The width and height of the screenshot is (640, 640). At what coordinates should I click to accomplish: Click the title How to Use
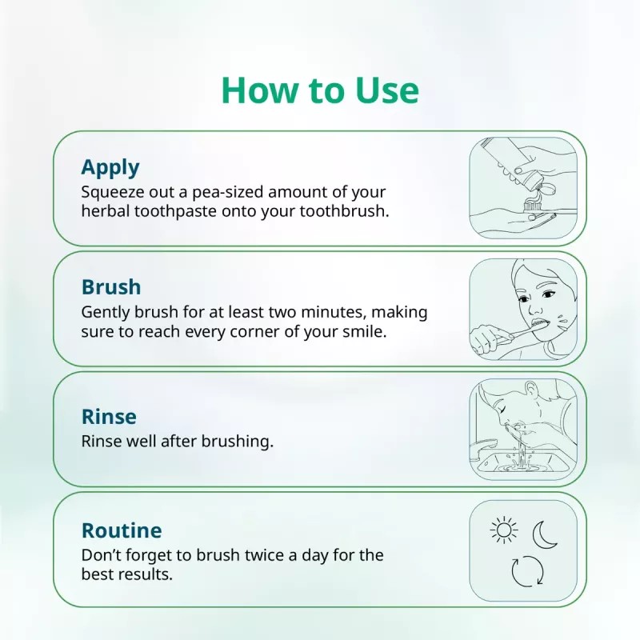pyautogui.click(x=320, y=90)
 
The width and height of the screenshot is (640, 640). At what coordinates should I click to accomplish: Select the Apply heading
pyautogui.click(x=110, y=167)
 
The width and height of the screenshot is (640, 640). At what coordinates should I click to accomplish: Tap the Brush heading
pyautogui.click(x=111, y=286)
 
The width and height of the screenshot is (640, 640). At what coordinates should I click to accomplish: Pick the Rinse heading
pyautogui.click(x=109, y=417)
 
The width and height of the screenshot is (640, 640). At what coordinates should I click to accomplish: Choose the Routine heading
pyautogui.click(x=122, y=530)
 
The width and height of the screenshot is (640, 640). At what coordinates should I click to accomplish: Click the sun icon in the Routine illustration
pyautogui.click(x=503, y=530)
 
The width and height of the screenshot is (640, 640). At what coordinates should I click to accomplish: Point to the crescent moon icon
pyautogui.click(x=546, y=534)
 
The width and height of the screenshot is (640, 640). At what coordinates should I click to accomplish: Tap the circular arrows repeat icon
pyautogui.click(x=527, y=572)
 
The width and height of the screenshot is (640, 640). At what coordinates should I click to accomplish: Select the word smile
pyautogui.click(x=366, y=331)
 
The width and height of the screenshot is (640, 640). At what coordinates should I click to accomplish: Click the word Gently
pyautogui.click(x=104, y=312)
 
